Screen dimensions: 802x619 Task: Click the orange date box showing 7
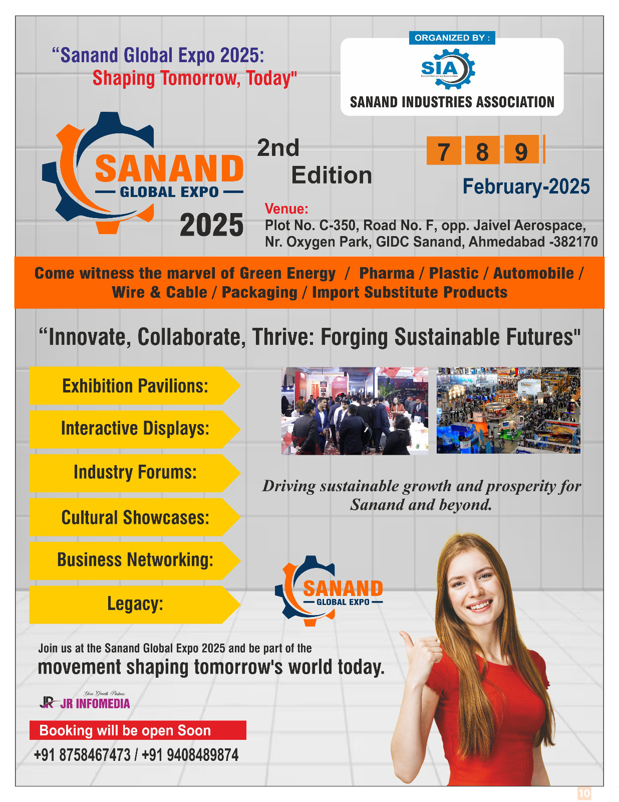coord(443,150)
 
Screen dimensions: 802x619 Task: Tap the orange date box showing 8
coord(482,150)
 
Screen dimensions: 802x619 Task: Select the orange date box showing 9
coord(521,150)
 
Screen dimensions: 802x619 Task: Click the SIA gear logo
coord(447,69)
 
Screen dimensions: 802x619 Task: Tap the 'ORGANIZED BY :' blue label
coord(452,38)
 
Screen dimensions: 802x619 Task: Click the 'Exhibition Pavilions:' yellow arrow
coord(134,386)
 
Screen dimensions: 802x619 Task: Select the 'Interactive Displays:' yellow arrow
coord(134,429)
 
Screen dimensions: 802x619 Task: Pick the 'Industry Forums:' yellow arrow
coord(134,473)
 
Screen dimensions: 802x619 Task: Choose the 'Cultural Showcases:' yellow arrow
coord(134,517)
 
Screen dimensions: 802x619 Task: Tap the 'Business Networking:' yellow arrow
coord(134,560)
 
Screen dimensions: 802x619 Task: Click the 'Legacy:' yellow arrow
coord(134,604)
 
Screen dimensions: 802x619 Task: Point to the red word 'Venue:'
coord(286,209)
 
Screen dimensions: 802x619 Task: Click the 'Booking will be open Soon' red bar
coord(138,730)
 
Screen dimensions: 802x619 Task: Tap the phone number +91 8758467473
coord(82,755)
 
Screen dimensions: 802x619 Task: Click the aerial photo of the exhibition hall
coord(508,411)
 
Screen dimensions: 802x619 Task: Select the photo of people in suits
coord(355,411)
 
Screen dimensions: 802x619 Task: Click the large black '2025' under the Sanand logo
coord(211,225)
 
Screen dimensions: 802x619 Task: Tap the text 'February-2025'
coord(526,186)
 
